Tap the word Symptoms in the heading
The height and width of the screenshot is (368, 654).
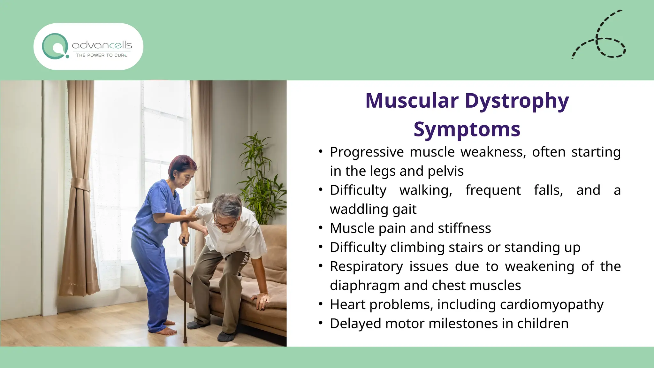(467, 129)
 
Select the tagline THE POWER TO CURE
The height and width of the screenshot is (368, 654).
(102, 55)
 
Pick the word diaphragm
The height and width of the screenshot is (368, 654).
(364, 286)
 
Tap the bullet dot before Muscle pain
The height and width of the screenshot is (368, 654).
(321, 228)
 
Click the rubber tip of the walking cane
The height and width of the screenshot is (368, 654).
(185, 341)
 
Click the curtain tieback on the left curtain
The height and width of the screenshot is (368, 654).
(80, 185)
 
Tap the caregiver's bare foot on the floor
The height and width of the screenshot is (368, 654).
(166, 331)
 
